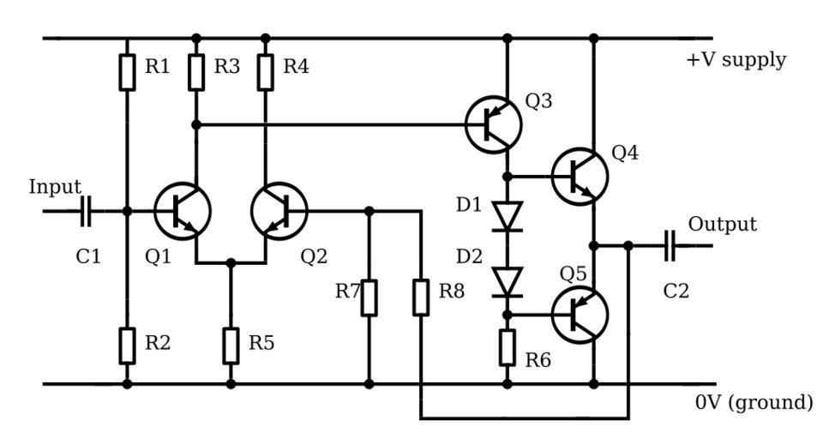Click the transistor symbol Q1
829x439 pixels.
point(183,211)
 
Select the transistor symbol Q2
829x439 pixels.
point(279,211)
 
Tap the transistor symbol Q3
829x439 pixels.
point(494,124)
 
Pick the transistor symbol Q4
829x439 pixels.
point(580,176)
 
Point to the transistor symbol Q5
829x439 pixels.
point(580,315)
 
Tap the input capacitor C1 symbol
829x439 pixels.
point(85,211)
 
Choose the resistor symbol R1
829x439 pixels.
point(127,73)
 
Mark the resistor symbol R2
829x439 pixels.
point(127,345)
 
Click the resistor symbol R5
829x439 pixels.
point(231,345)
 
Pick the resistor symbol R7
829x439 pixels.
point(369,298)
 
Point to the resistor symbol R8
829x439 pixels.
point(421,298)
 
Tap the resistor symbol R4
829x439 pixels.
point(266,73)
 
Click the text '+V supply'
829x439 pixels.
point(736,61)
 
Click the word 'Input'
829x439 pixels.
point(55,187)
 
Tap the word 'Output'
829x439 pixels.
point(723,225)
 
